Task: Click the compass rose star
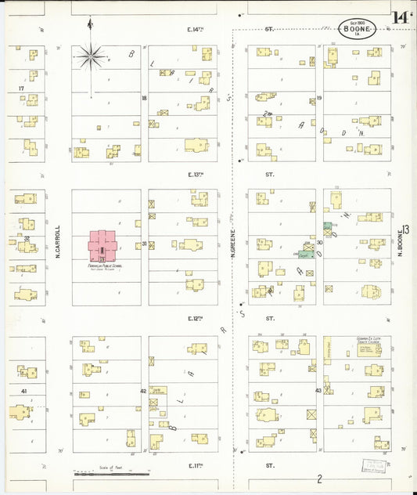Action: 92,56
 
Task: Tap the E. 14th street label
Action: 196,30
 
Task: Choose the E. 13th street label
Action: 196,175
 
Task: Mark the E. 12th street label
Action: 196,319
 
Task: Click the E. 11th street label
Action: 196,465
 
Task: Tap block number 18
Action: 144,98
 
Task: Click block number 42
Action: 143,390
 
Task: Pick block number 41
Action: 24,390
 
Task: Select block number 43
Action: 318,389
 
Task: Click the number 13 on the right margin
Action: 406,229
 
